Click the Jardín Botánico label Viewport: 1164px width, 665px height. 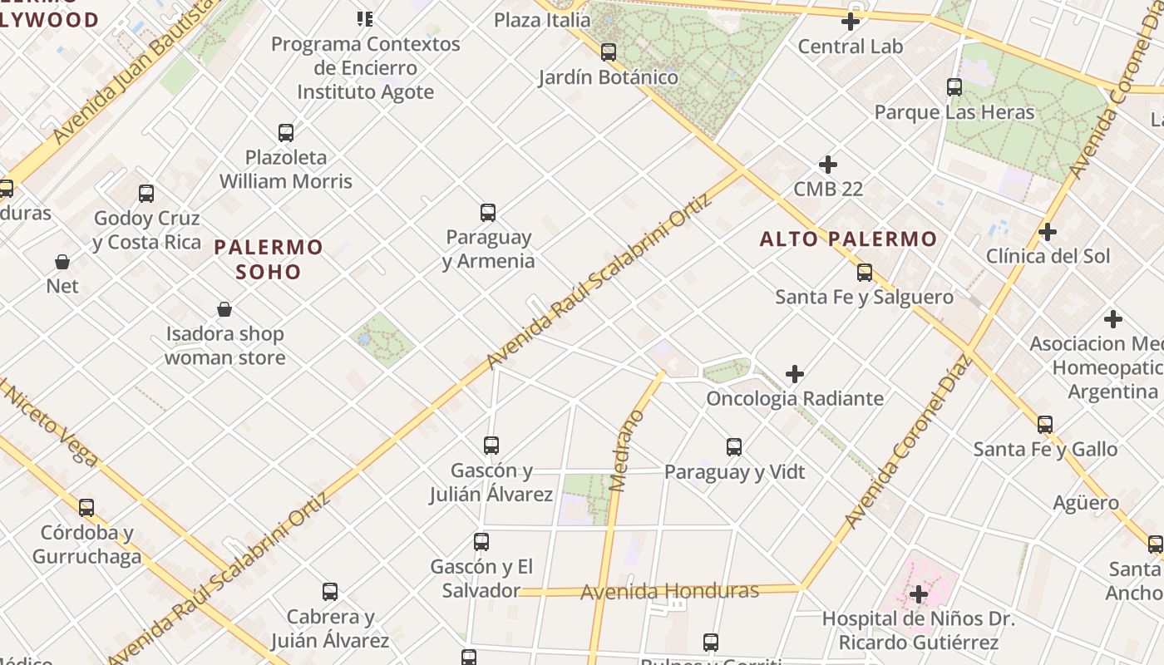609,77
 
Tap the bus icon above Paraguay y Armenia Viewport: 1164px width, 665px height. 488,213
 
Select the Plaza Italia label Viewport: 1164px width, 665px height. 542,19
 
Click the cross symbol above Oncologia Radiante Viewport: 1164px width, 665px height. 795,374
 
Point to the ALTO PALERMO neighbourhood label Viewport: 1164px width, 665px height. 848,239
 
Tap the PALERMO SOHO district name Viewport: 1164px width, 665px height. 269,259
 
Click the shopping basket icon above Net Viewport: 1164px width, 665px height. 62,263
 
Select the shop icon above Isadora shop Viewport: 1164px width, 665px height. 224,310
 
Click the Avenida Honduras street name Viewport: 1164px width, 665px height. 669,591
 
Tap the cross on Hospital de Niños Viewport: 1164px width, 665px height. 919,594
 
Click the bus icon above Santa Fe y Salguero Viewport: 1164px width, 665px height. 865,273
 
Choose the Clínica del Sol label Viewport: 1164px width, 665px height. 1048,256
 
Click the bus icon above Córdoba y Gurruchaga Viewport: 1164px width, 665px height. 86,508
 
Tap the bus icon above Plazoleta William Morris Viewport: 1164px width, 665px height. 286,133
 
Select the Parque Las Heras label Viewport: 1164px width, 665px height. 954,112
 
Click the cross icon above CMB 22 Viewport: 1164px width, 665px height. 828,165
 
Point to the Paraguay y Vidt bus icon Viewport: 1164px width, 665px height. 734,447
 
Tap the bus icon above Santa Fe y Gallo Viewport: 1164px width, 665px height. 1045,425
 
